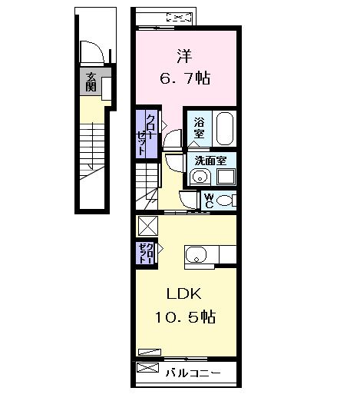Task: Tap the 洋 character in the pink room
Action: click(x=183, y=55)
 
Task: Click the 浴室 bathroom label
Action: click(x=199, y=128)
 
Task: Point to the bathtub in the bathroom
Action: click(x=224, y=128)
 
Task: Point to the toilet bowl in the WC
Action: click(x=226, y=200)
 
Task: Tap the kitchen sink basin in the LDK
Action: click(x=194, y=255)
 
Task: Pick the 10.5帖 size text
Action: click(x=187, y=316)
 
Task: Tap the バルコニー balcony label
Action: click(x=193, y=373)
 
